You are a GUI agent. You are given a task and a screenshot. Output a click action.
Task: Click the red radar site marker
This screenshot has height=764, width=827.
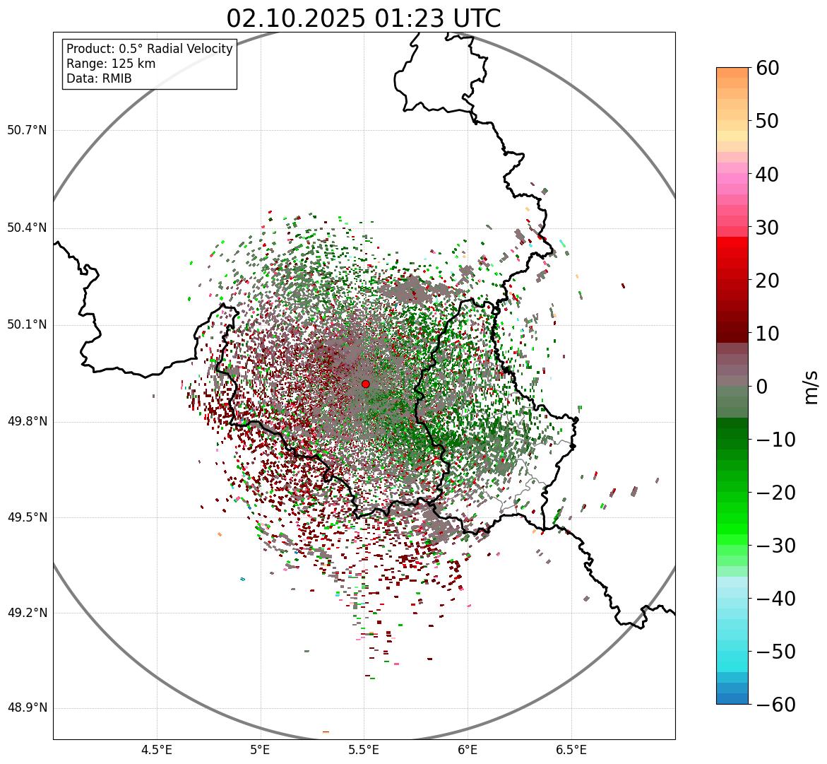[x=365, y=384]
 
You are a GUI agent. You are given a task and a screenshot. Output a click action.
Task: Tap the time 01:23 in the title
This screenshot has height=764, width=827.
[x=405, y=18]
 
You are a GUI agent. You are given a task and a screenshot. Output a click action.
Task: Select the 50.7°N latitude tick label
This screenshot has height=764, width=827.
[x=27, y=130]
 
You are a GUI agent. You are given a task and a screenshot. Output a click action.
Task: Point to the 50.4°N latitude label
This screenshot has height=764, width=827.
[x=27, y=228]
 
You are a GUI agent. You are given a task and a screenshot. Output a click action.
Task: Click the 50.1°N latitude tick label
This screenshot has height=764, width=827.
[x=27, y=324]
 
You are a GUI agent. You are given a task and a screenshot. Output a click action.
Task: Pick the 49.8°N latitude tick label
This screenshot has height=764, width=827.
[x=27, y=421]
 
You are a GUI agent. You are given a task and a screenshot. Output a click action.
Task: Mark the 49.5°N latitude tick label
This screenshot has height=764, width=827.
[x=27, y=517]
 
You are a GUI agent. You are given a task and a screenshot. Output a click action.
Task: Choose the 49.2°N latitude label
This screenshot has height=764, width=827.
[x=27, y=613]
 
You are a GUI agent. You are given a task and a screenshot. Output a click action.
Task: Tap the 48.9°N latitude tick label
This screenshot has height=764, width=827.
[x=27, y=708]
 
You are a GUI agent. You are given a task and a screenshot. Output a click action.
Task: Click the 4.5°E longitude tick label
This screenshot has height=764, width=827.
[x=157, y=750]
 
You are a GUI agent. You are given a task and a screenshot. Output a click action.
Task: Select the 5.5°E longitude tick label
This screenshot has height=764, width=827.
[x=364, y=750]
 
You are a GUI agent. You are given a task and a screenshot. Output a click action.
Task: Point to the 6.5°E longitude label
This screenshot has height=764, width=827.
[x=571, y=750]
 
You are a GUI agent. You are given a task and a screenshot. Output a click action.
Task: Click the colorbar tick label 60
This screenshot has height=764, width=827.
[x=768, y=68]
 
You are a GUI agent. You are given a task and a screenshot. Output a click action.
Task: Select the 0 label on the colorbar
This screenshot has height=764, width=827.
[x=762, y=387]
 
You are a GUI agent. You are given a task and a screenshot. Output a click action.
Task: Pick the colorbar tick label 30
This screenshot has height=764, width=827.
[x=768, y=228]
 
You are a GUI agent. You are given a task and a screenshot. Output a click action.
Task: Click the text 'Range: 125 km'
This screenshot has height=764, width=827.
[x=111, y=64]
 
